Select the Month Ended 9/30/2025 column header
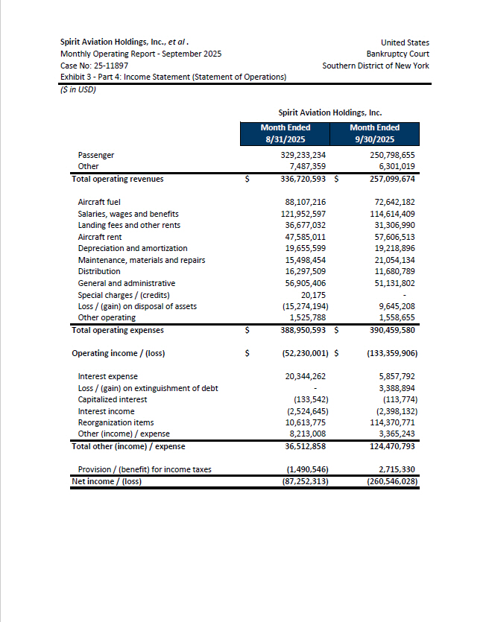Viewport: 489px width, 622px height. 374,133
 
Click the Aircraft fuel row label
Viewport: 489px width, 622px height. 99,202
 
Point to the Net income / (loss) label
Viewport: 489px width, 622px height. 106,481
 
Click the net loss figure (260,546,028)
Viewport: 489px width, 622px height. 391,481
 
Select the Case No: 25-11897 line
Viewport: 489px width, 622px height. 94,66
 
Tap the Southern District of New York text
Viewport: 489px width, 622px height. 376,66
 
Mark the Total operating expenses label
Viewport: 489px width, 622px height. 117,329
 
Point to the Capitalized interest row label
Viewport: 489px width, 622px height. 113,399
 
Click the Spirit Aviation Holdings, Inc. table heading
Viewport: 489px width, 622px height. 329,112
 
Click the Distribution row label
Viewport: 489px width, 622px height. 99,271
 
